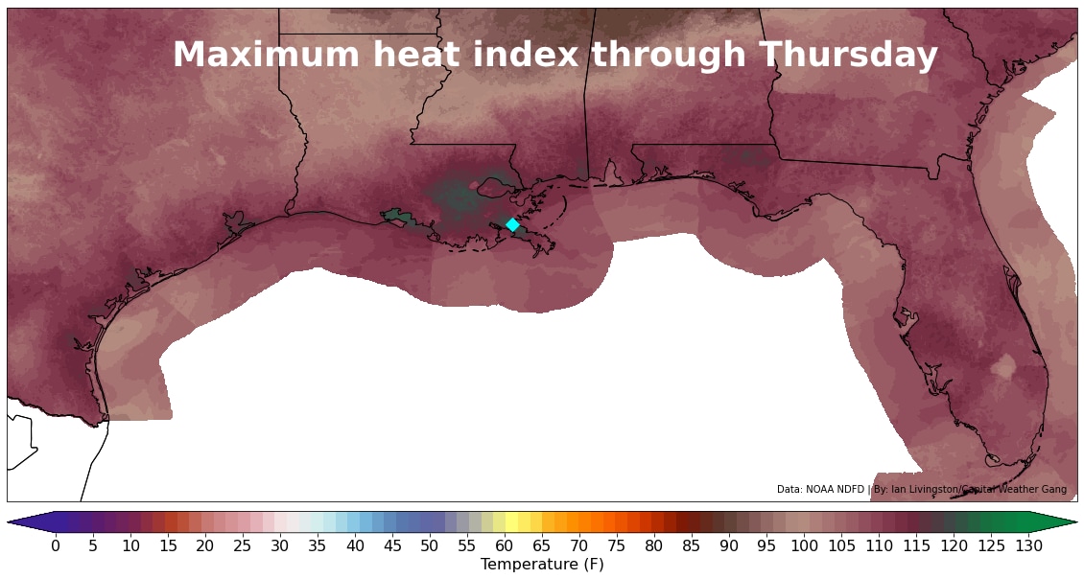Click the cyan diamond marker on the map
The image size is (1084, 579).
click(512, 224)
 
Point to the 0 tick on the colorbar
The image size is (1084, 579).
click(56, 545)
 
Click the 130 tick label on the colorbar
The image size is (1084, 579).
click(1029, 545)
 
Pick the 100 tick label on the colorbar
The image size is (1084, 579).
click(805, 545)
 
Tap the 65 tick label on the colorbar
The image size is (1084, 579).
click(542, 545)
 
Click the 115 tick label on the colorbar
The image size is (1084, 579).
click(917, 545)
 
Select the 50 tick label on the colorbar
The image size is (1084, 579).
click(430, 545)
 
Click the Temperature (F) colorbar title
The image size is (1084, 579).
click(542, 565)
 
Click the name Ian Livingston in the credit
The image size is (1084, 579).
click(923, 490)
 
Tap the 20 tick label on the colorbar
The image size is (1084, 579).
click(205, 545)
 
